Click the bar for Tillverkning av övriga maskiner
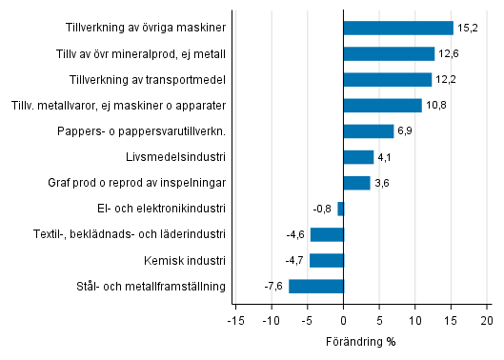point(398,28)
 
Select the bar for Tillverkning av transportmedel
point(387,79)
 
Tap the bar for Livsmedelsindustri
point(358,157)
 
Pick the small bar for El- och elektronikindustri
point(340,209)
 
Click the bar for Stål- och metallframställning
point(315,286)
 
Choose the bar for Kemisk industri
point(326,260)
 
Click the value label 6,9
point(406,131)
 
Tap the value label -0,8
point(323,209)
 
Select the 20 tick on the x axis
point(488,321)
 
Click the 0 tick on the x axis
point(343,321)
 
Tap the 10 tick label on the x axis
point(415,321)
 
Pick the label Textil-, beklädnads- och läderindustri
point(131,234)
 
